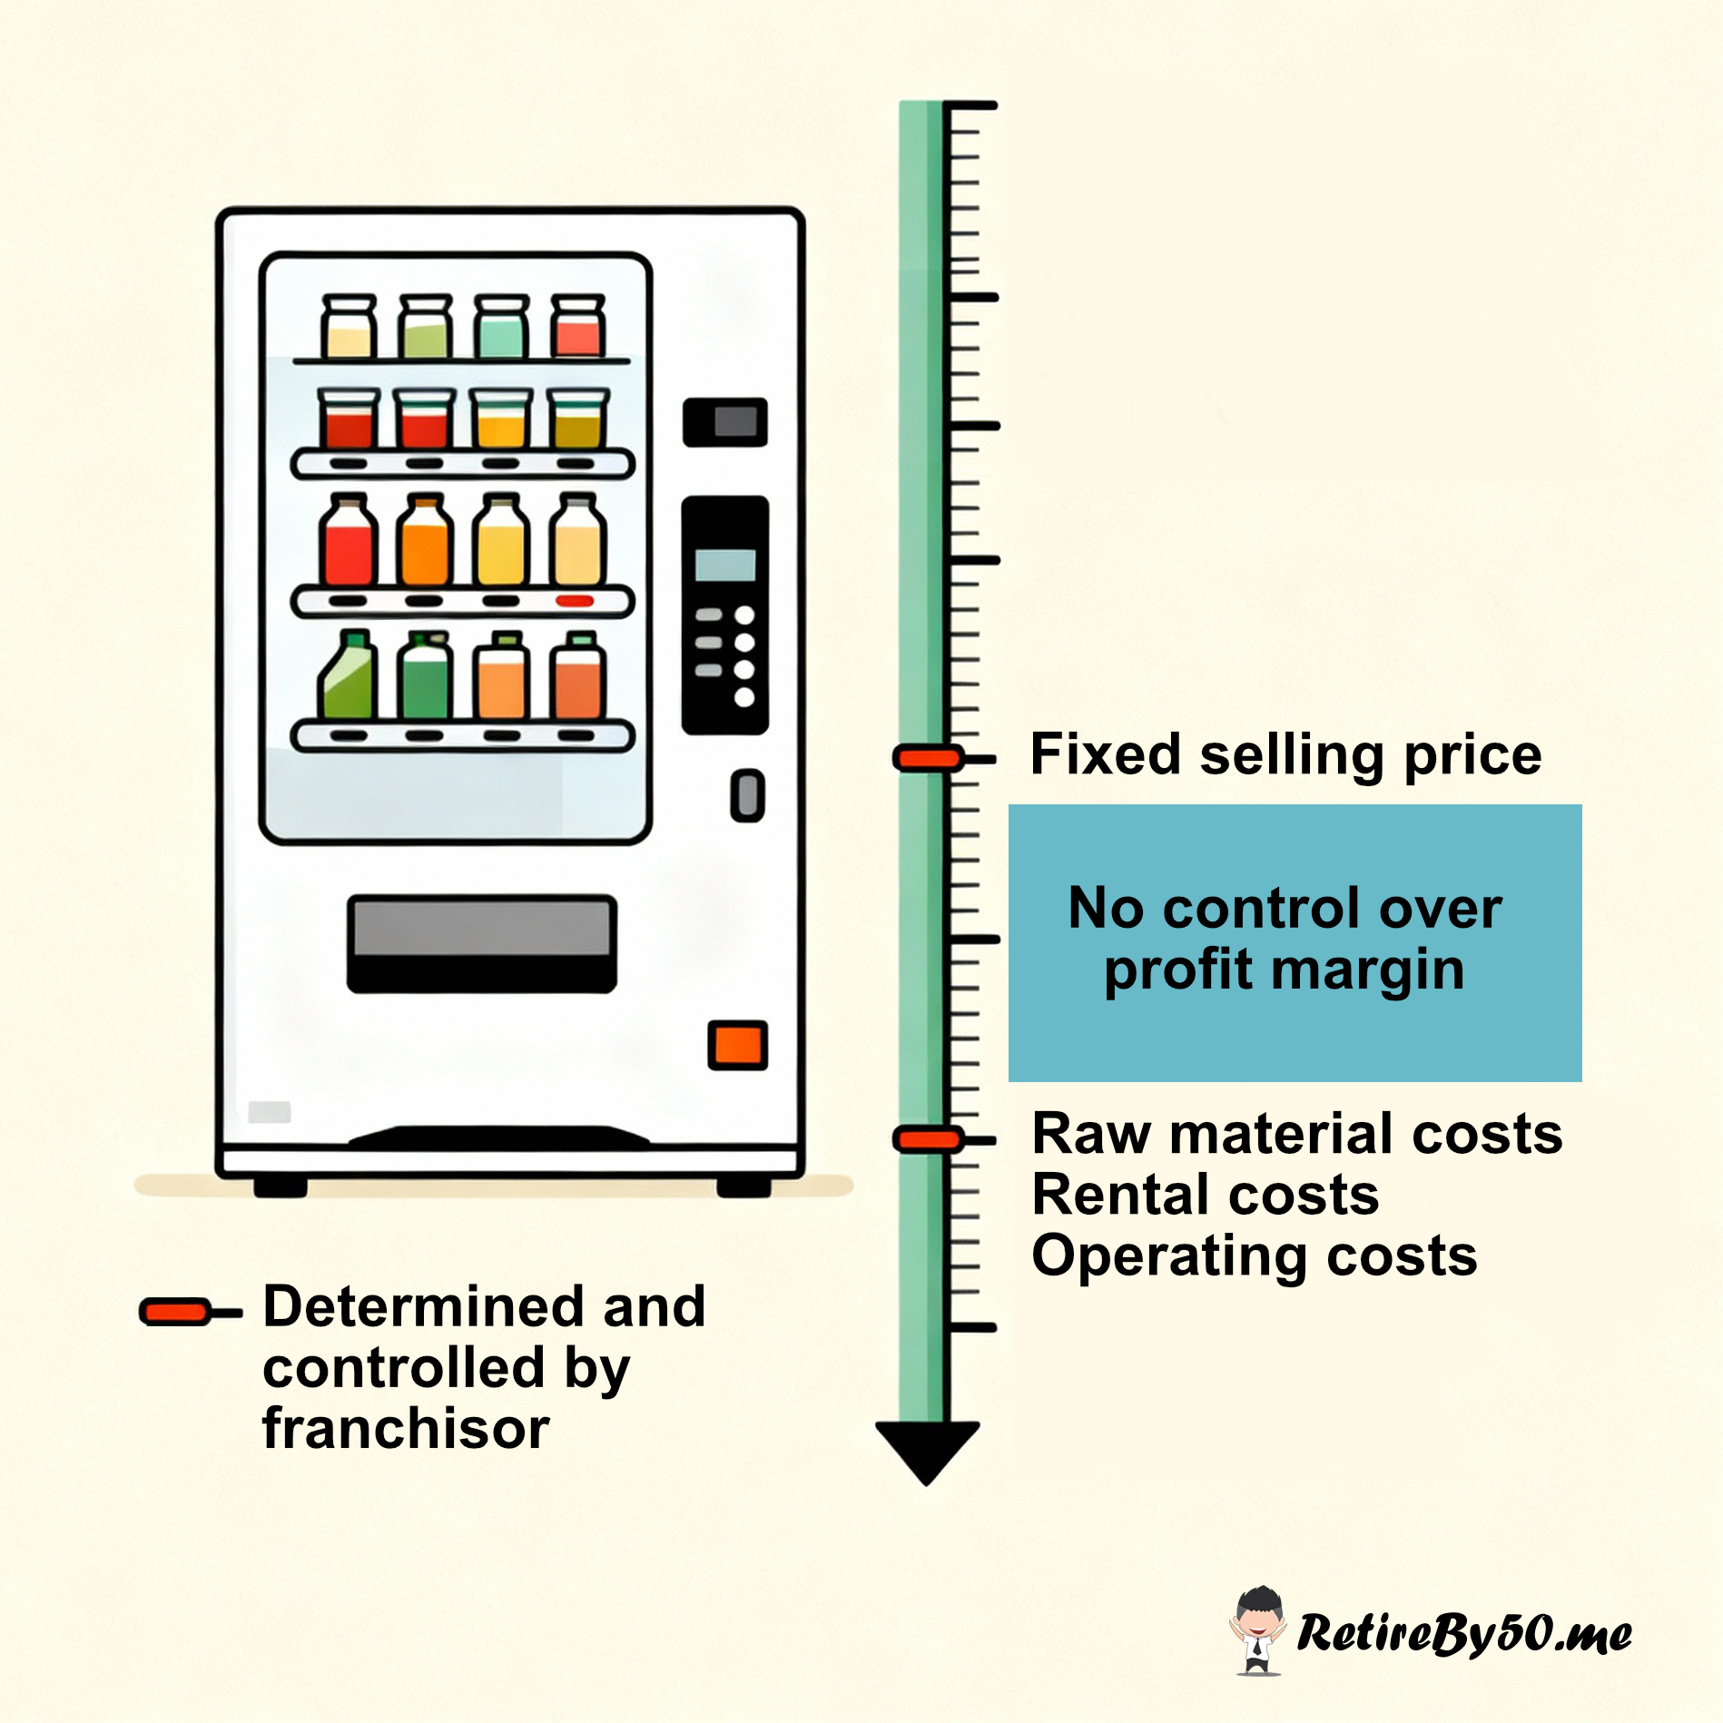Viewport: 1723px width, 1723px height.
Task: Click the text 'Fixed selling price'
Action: click(x=1285, y=755)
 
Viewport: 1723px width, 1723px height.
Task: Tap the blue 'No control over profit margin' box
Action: click(x=1295, y=942)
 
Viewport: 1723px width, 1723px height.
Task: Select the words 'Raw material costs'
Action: click(x=1297, y=1134)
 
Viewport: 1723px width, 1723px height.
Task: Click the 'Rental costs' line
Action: click(x=1206, y=1195)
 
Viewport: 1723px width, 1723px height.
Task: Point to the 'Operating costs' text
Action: click(x=1255, y=1256)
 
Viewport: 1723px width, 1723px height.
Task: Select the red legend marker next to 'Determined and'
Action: click(x=175, y=1312)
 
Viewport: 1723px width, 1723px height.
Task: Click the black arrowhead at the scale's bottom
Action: click(x=927, y=1449)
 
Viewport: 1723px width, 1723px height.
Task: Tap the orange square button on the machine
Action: click(x=737, y=1045)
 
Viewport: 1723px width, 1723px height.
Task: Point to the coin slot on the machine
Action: click(x=747, y=795)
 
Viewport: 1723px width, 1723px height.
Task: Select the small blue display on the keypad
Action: click(x=724, y=565)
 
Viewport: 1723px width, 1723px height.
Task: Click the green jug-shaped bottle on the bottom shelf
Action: click(x=347, y=675)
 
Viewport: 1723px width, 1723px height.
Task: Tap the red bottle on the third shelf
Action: click(x=348, y=541)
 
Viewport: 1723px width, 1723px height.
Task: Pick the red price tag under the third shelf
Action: click(x=575, y=601)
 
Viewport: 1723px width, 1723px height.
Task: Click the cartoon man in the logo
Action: click(x=1258, y=1630)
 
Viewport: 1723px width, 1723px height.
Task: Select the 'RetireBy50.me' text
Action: click(x=1463, y=1633)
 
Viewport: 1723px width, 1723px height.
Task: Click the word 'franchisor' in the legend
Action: click(x=406, y=1429)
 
